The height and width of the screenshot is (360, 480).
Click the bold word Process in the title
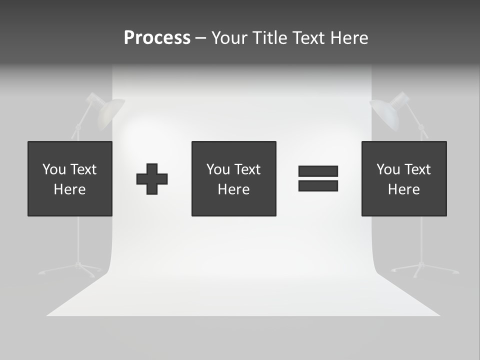tap(157, 38)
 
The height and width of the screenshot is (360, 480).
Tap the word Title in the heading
tap(270, 38)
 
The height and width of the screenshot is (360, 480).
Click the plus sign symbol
tap(152, 179)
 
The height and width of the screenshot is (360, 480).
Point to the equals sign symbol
tap(318, 178)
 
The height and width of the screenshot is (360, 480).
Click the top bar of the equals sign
tap(318, 171)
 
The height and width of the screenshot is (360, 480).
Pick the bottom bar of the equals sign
tap(318, 186)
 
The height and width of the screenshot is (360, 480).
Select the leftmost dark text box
tap(70, 178)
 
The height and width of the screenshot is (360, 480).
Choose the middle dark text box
tap(233, 178)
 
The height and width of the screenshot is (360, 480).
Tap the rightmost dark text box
tap(404, 178)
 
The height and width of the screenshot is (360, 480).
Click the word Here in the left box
tap(70, 189)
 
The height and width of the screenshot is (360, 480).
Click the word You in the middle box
tap(218, 169)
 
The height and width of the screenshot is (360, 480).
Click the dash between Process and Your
tap(201, 38)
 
